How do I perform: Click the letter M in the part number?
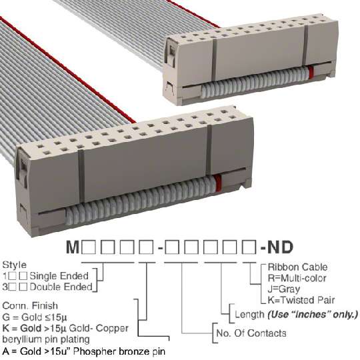(73, 247)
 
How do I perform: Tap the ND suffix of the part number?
(280, 247)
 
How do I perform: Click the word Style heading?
(14, 265)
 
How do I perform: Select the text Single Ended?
(59, 276)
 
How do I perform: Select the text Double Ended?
(61, 287)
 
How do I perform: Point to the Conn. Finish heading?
(30, 305)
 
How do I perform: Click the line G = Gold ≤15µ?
(35, 317)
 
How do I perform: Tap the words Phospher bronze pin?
(120, 351)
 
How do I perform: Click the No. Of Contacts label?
(251, 333)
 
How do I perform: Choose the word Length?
(249, 314)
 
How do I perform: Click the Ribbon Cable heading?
(297, 267)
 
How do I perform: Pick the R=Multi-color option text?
(297, 278)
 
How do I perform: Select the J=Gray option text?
(284, 289)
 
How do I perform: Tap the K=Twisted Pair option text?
(301, 300)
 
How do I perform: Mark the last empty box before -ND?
(250, 247)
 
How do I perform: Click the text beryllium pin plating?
(46, 339)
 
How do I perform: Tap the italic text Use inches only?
(313, 314)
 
